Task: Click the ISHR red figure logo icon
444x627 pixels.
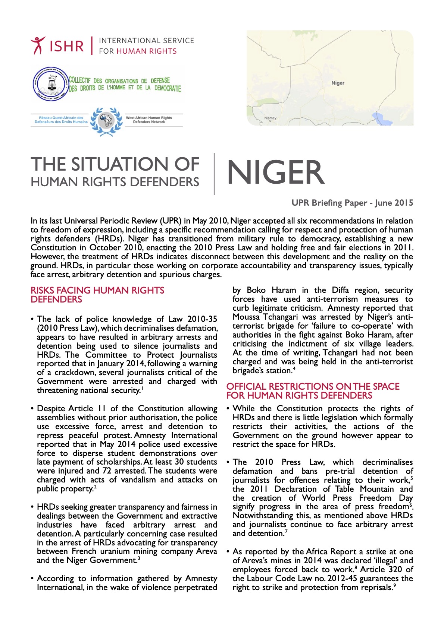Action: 38,45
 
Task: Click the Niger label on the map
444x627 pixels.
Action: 338,83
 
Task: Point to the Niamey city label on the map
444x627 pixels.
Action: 270,118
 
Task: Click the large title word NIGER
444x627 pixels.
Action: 275,172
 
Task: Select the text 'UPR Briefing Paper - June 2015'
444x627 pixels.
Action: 352,203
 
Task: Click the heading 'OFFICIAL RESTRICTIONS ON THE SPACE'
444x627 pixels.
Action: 313,386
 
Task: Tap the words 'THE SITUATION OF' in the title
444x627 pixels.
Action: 115,164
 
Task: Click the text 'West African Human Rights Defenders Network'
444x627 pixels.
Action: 149,120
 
